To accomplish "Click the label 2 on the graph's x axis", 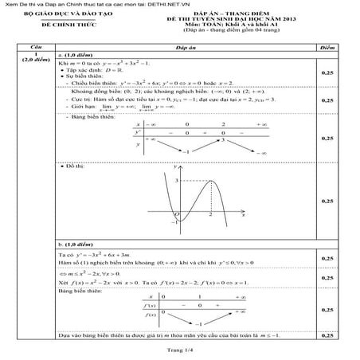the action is coord(210,215).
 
